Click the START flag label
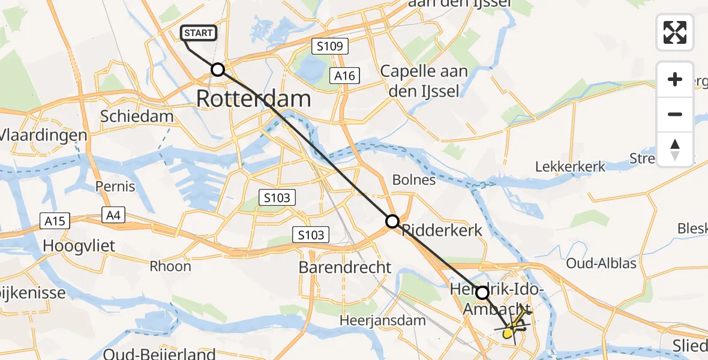tap(199, 32)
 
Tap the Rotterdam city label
tap(253, 99)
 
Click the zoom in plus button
tap(675, 79)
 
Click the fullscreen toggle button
tap(675, 32)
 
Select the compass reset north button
tap(675, 149)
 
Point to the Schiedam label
tap(137, 116)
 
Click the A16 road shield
tap(345, 76)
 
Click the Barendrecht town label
tap(345, 267)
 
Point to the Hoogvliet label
tap(79, 246)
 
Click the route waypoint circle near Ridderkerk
tap(392, 221)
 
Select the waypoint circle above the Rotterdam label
tap(218, 70)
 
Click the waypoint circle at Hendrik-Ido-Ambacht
tap(482, 293)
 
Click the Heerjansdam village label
tap(382, 320)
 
